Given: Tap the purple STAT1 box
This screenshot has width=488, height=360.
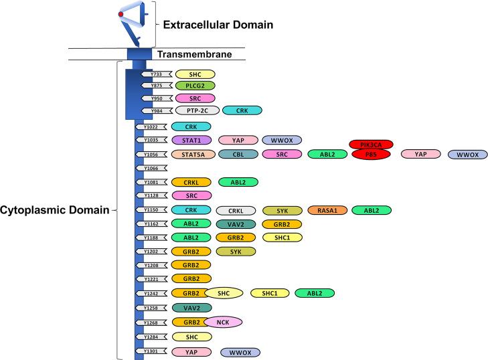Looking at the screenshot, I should pos(191,141).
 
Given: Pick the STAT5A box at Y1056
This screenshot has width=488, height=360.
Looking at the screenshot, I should pos(193,155).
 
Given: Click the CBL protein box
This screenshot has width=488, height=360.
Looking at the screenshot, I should pos(238,155).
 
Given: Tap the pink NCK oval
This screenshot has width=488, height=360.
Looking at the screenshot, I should pos(224,322).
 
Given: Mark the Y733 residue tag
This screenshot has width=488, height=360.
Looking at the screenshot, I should pos(157,74).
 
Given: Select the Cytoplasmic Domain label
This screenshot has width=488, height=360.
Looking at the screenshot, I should pos(55,210).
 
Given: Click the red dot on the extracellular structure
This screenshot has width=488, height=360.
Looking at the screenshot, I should pos(121,13).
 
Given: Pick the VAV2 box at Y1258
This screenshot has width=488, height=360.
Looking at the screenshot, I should pos(191,308).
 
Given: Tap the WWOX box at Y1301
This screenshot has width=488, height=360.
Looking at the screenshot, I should pos(240,352).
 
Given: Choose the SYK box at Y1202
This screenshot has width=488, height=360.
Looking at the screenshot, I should pos(236,252).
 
